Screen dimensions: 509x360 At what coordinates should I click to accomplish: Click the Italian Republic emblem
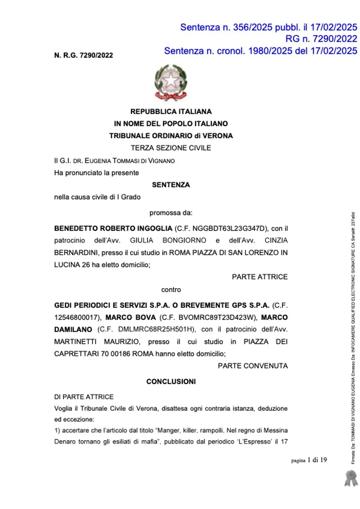pyautogui.click(x=171, y=82)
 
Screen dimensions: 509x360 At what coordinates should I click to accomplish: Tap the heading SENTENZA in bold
pyautogui.click(x=171, y=185)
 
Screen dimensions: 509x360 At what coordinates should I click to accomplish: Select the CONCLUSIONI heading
pyautogui.click(x=171, y=381)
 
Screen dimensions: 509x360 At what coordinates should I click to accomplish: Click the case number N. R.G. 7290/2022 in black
pyautogui.click(x=84, y=55)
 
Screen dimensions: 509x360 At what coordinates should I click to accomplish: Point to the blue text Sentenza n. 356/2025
pyautogui.click(x=226, y=27)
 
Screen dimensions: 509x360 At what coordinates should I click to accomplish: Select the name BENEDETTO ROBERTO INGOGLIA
pyautogui.click(x=113, y=228)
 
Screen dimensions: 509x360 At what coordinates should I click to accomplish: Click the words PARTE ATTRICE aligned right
pyautogui.click(x=260, y=277)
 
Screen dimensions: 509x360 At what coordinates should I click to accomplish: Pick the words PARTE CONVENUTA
pyautogui.click(x=253, y=366)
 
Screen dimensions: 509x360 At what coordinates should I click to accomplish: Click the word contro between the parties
pyautogui.click(x=171, y=290)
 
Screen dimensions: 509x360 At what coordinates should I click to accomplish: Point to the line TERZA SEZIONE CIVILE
pyautogui.click(x=171, y=148)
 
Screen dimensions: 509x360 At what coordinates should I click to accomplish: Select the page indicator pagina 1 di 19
pyautogui.click(x=309, y=460)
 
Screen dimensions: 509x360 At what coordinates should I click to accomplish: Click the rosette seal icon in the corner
pyautogui.click(x=351, y=478)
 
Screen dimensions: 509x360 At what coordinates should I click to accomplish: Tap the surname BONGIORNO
pyautogui.click(x=184, y=240)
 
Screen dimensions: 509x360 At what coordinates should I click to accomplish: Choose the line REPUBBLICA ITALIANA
pyautogui.click(x=171, y=111)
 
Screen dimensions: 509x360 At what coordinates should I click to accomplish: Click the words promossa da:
pyautogui.click(x=171, y=213)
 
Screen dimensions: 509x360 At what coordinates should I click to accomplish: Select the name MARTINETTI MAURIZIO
pyautogui.click(x=97, y=341)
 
